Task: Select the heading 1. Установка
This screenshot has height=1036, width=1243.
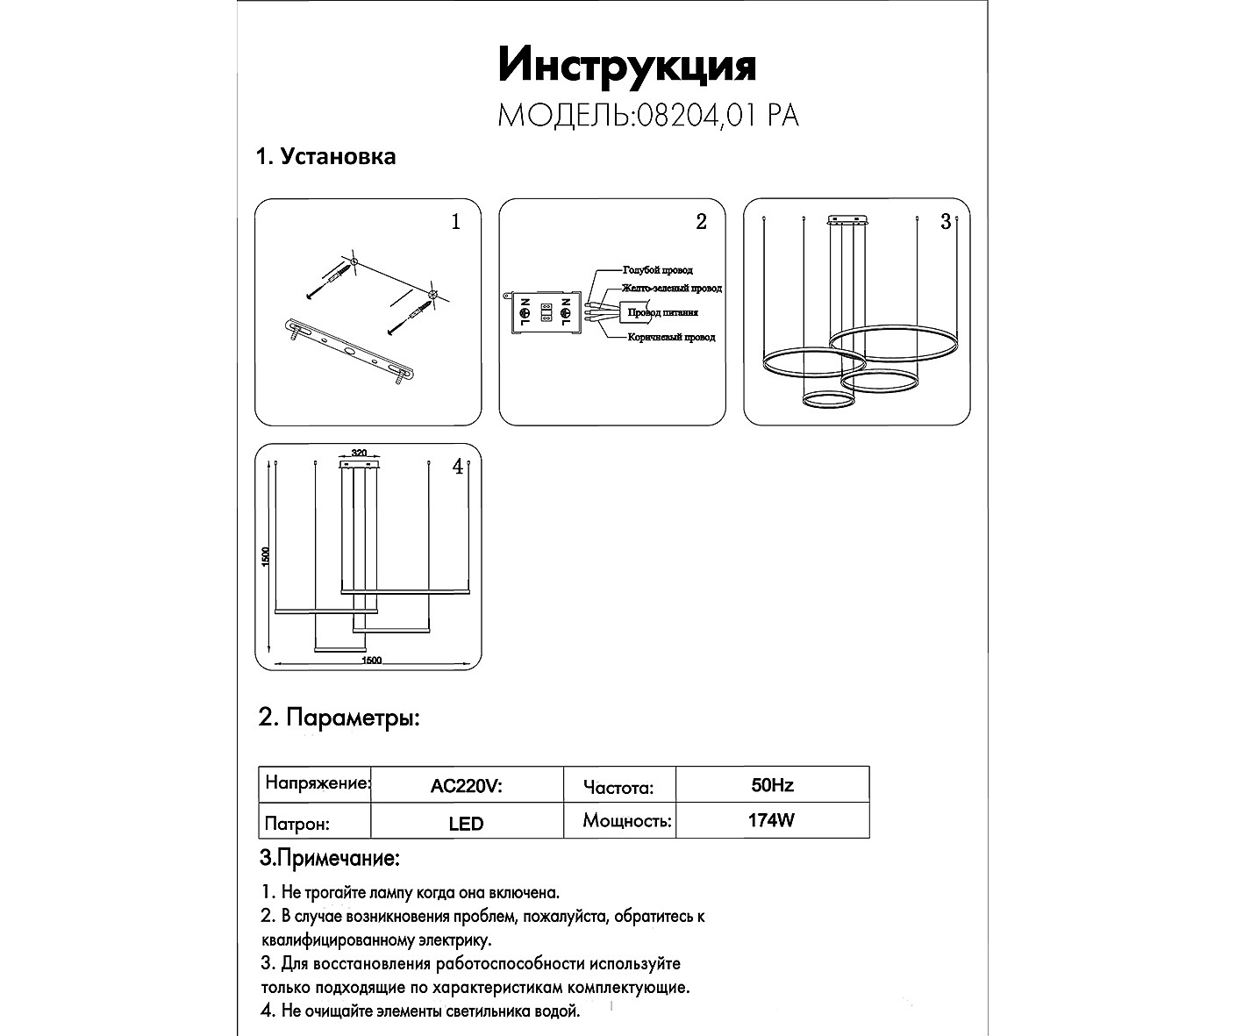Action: tap(325, 156)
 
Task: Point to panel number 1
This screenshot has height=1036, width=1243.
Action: tap(454, 222)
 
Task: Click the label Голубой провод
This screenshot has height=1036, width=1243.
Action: tap(657, 270)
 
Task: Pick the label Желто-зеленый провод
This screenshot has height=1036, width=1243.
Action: tap(672, 288)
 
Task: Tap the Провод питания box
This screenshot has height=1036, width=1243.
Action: tap(662, 312)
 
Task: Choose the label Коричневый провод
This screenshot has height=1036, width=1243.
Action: tap(671, 337)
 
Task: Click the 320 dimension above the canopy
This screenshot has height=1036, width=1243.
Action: tap(358, 454)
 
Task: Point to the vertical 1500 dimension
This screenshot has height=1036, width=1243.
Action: tap(267, 556)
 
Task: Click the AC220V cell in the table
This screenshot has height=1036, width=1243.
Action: tap(466, 786)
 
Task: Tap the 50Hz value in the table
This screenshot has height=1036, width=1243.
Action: tap(772, 785)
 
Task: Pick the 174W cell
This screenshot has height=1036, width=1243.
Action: tap(772, 822)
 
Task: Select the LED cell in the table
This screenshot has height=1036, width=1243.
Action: tap(466, 824)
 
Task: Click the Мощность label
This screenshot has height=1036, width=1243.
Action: tap(627, 822)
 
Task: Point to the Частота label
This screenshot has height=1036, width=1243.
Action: tap(618, 787)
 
